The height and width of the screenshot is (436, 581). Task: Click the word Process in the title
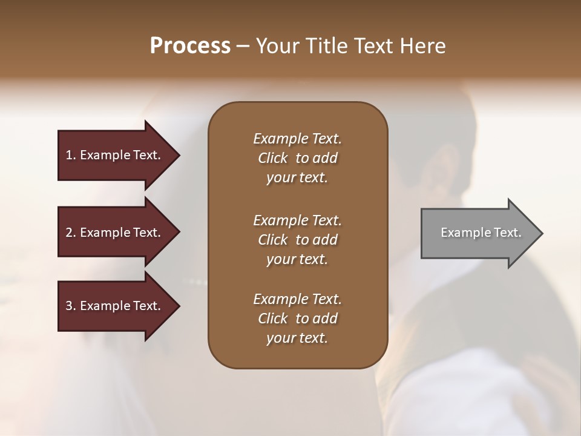pyautogui.click(x=190, y=45)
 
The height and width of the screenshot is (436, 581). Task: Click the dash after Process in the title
pyautogui.click(x=243, y=46)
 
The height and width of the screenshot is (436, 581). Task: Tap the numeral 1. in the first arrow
pyautogui.click(x=71, y=155)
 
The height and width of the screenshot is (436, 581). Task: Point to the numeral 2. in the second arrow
pyautogui.click(x=71, y=233)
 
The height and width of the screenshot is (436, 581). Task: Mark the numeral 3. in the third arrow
pyautogui.click(x=71, y=306)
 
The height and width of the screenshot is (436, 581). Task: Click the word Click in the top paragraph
pyautogui.click(x=273, y=158)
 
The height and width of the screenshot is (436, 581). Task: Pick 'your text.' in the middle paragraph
pyautogui.click(x=297, y=259)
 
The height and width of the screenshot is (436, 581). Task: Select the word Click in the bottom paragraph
pyautogui.click(x=273, y=319)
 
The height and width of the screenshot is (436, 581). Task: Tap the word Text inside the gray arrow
pyautogui.click(x=506, y=233)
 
